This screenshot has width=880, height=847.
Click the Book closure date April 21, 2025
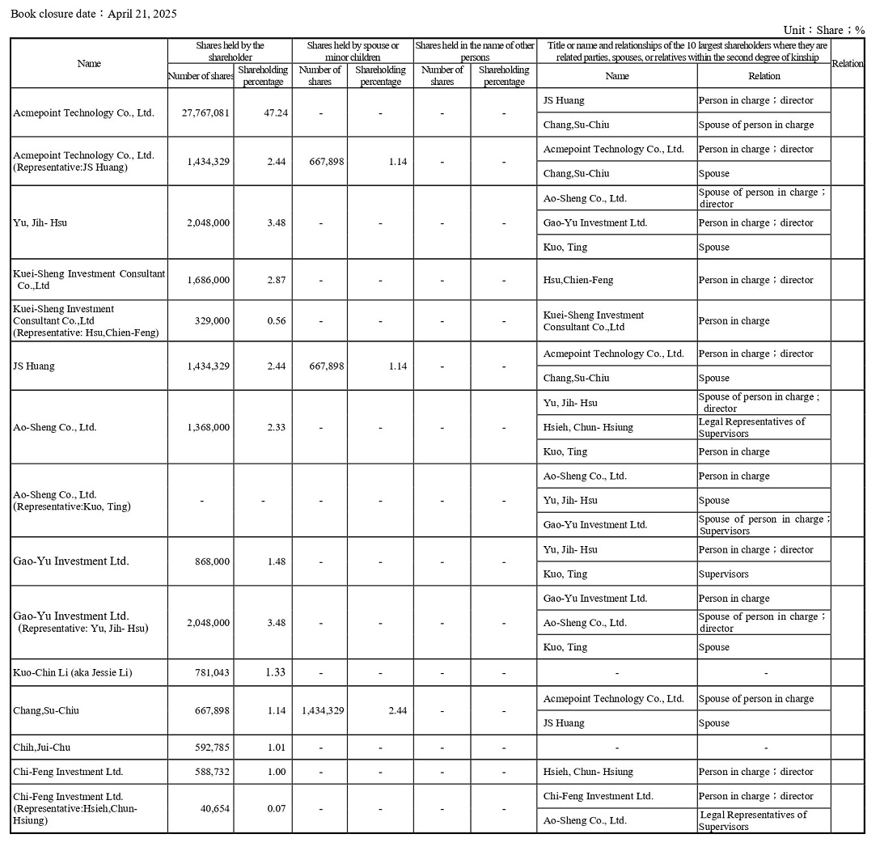[x=94, y=14]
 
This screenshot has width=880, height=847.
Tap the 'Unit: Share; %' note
[x=823, y=30]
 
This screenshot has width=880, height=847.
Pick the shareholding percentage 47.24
[x=276, y=112]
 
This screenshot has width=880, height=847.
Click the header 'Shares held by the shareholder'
[x=230, y=51]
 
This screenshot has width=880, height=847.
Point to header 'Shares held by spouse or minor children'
[x=352, y=51]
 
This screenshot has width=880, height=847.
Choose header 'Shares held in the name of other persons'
[x=475, y=51]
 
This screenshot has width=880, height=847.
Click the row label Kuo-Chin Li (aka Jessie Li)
[x=73, y=672]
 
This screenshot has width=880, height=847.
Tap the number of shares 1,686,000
[x=208, y=280]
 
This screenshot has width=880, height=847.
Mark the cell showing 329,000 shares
[x=213, y=320]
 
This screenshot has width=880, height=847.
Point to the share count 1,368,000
[x=208, y=427]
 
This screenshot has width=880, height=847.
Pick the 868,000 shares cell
[x=211, y=561]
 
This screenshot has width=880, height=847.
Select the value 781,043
[x=213, y=672]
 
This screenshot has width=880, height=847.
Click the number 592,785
[x=213, y=747]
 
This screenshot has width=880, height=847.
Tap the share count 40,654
[x=215, y=808]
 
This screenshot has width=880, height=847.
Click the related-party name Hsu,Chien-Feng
[x=578, y=280]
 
